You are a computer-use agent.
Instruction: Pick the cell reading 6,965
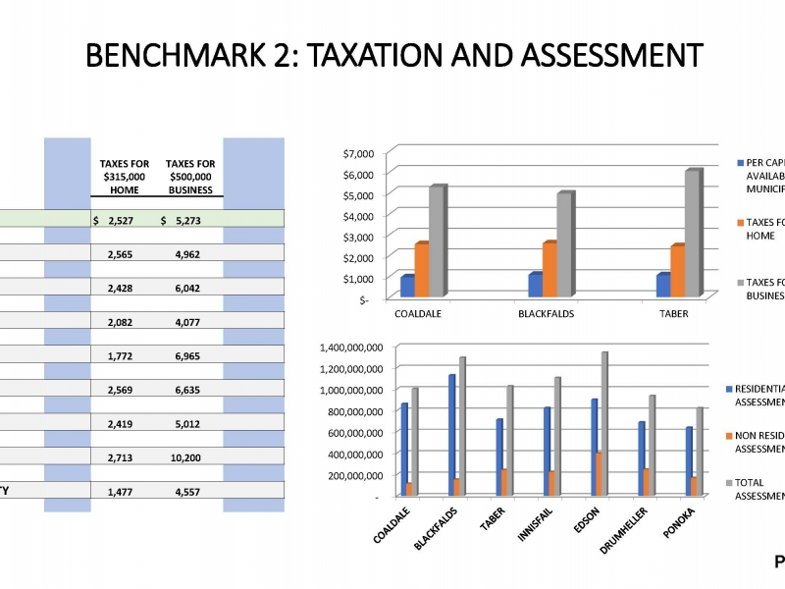pyautogui.click(x=187, y=356)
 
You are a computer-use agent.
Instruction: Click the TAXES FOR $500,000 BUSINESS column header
pyautogui.click(x=190, y=177)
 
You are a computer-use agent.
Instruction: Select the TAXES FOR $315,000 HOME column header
pyautogui.click(x=125, y=177)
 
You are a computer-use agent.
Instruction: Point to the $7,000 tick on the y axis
pyautogui.click(x=359, y=153)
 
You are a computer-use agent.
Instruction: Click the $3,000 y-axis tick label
pyautogui.click(x=359, y=237)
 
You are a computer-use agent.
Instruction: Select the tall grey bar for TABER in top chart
pyautogui.click(x=693, y=234)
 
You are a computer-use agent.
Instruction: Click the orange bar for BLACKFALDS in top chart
pyautogui.click(x=549, y=269)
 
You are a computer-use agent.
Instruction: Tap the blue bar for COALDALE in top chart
pyautogui.click(x=406, y=285)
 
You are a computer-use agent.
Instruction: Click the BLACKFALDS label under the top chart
pyautogui.click(x=546, y=314)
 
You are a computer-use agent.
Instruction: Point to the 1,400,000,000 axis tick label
pyautogui.click(x=350, y=348)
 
